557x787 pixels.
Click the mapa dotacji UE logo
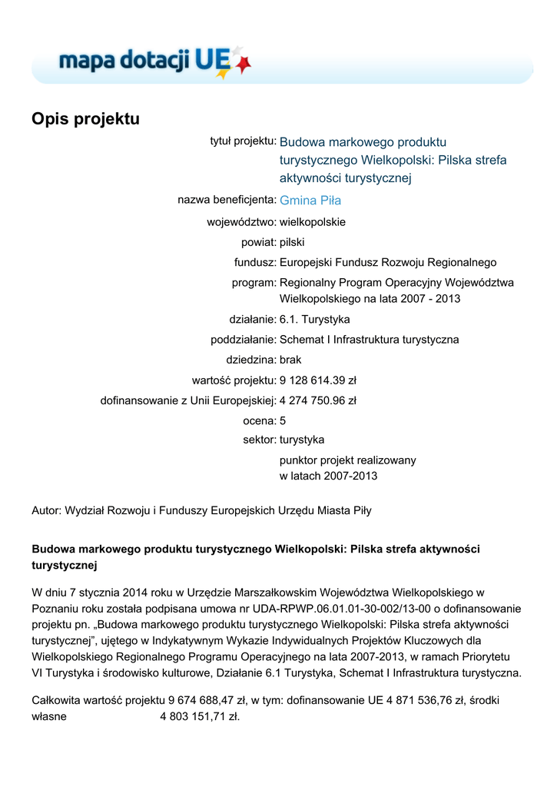(x=154, y=61)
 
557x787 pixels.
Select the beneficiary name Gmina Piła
(x=310, y=201)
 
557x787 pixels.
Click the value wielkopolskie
(x=313, y=222)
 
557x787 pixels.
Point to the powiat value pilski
(x=292, y=242)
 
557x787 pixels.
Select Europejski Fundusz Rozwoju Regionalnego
(x=388, y=262)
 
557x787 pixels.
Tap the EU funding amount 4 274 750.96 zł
(x=317, y=400)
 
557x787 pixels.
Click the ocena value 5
(x=283, y=420)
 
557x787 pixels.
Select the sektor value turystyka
(x=302, y=440)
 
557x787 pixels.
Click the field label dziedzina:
(x=250, y=360)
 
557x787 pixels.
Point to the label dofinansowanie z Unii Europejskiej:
(x=188, y=400)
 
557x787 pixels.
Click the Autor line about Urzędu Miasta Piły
(x=201, y=510)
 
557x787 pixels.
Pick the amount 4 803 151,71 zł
(x=200, y=717)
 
